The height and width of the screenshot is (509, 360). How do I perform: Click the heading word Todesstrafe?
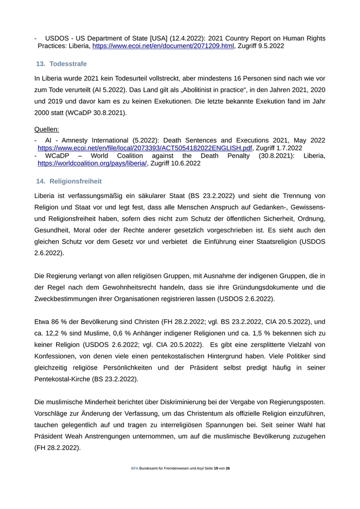click(68, 64)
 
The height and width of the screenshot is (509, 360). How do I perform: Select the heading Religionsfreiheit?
click(76, 181)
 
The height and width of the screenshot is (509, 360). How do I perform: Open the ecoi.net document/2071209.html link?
click(163, 46)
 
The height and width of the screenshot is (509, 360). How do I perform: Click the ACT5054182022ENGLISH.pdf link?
click(145, 148)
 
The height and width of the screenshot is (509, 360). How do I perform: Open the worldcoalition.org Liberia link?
click(93, 163)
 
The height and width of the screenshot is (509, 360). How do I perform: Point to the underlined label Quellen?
click(47, 129)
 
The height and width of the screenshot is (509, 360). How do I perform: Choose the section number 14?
click(41, 181)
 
